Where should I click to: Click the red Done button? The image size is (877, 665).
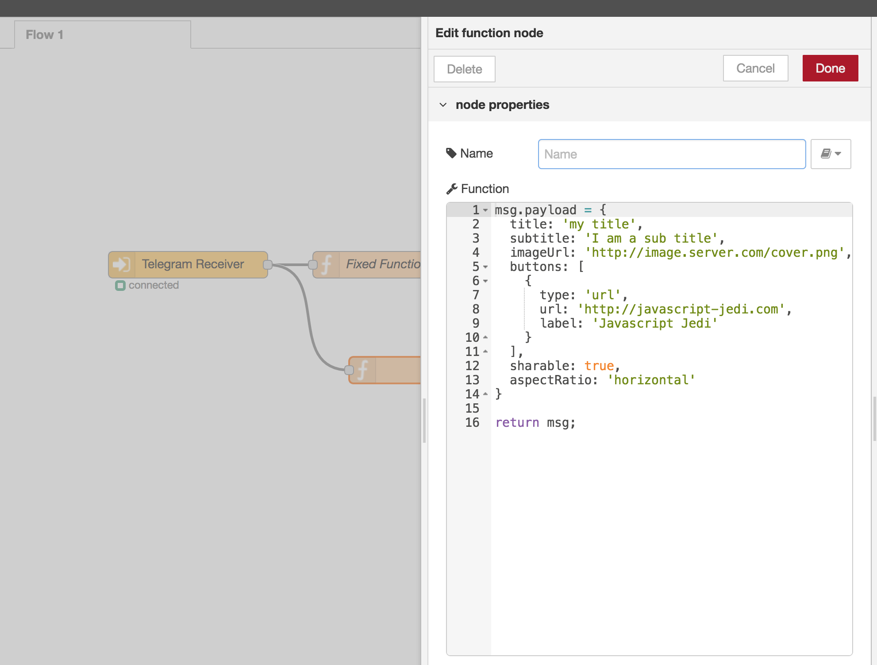click(x=830, y=68)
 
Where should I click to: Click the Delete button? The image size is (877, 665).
click(x=464, y=69)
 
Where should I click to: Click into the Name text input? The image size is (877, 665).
click(x=671, y=154)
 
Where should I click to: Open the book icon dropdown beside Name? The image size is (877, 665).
click(x=831, y=154)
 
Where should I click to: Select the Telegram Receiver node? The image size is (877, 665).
click(x=192, y=264)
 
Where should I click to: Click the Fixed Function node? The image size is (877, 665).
click(x=381, y=264)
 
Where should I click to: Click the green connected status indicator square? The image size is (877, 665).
click(x=120, y=286)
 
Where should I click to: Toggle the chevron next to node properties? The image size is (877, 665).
click(x=443, y=105)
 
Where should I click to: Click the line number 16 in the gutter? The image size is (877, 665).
click(x=472, y=422)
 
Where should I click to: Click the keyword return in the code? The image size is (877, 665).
click(x=517, y=422)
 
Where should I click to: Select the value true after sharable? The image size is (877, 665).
click(x=599, y=366)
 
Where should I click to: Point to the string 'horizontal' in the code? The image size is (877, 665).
click(x=651, y=380)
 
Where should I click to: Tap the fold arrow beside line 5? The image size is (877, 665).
click(x=485, y=267)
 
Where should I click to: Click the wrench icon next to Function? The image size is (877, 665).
click(x=451, y=189)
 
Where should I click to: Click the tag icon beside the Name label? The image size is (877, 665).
click(x=451, y=153)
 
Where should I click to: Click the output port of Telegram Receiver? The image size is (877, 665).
click(x=267, y=265)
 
